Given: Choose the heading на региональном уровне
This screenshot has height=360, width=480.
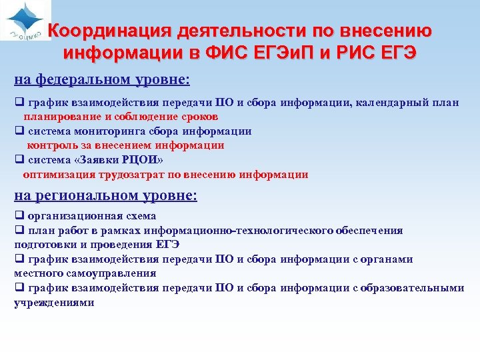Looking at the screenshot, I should point(106,195).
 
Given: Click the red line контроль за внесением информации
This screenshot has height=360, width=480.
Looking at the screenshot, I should point(125,145).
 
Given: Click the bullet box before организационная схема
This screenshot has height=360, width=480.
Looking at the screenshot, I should point(19,215).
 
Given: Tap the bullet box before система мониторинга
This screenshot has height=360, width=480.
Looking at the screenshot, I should point(19,131).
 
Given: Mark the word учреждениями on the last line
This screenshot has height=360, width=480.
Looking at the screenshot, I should point(54,302).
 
